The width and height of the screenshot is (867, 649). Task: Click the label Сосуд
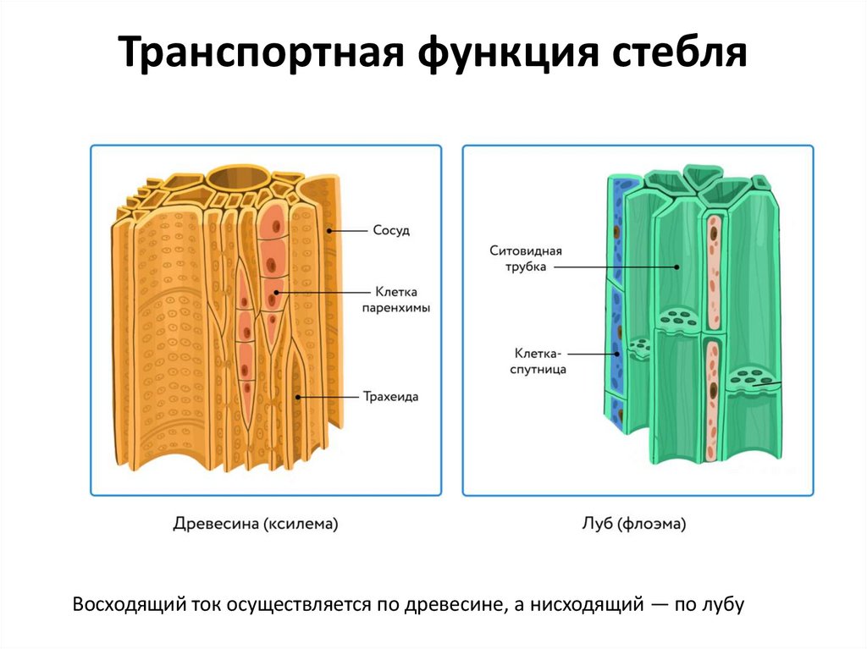(x=390, y=230)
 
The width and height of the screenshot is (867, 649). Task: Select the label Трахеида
(x=391, y=395)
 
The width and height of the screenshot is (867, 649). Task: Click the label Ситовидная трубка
(x=526, y=259)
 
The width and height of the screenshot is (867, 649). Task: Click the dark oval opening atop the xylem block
(x=235, y=179)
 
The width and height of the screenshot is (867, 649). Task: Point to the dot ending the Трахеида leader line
(x=297, y=396)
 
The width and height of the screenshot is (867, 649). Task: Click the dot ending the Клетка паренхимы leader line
(x=276, y=293)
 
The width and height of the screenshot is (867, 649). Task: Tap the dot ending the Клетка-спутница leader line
(x=616, y=354)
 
